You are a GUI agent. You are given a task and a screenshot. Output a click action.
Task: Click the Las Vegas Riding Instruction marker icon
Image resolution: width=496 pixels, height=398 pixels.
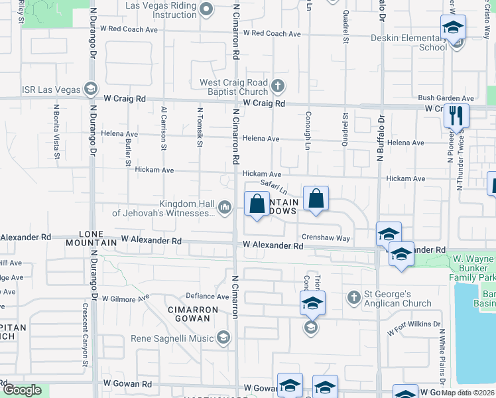(x=206, y=9)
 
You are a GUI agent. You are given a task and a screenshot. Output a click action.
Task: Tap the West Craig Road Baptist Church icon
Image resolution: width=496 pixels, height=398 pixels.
(x=278, y=86)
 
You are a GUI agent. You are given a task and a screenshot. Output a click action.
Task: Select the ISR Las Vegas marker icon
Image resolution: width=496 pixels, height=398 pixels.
(x=90, y=89)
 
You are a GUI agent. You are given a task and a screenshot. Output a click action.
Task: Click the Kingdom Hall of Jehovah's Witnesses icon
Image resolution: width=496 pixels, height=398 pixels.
(x=225, y=208)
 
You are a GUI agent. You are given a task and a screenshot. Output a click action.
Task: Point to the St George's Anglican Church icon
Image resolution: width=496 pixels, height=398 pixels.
(x=354, y=297)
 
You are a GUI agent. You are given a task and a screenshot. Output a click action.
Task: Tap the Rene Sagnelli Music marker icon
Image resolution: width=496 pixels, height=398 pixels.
(x=223, y=338)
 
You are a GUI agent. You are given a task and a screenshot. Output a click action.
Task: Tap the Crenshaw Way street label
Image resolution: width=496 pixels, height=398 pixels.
(x=325, y=237)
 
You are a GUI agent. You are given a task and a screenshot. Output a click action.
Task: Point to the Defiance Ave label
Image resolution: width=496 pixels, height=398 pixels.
(x=206, y=297)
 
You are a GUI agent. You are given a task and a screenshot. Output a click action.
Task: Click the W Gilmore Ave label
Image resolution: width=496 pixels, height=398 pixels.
(x=125, y=298)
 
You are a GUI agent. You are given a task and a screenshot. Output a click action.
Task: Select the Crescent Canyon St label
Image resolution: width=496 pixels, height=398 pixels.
(x=86, y=335)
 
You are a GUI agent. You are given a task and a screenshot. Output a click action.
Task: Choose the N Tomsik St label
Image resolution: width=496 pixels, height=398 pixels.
(x=199, y=125)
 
